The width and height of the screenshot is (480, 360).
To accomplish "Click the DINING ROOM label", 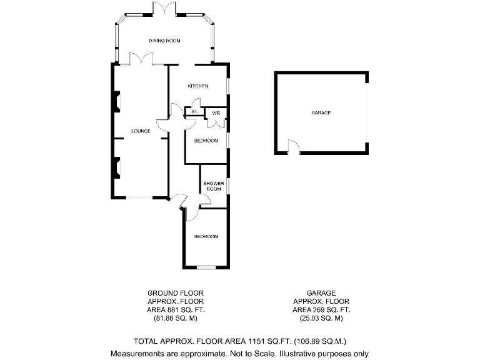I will click(x=164, y=41).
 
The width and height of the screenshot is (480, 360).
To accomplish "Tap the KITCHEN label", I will click(x=197, y=86).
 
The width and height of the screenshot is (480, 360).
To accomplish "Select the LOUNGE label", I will click(x=140, y=131).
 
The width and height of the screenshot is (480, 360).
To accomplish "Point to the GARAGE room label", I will click(x=321, y=113).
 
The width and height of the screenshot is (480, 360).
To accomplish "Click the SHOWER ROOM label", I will click(x=213, y=186).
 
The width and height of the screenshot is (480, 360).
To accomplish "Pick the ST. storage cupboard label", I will click(x=194, y=111).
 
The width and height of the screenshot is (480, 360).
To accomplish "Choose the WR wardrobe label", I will click(x=216, y=112).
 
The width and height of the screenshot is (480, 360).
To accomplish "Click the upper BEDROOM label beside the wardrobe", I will click(x=206, y=141).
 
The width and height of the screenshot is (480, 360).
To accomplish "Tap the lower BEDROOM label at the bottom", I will click(x=206, y=236).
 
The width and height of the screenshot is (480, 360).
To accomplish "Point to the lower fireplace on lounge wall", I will click(x=116, y=167).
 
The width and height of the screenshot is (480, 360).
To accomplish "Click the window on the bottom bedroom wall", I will click(x=206, y=267).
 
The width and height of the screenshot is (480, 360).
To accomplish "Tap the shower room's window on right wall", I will click(x=228, y=186).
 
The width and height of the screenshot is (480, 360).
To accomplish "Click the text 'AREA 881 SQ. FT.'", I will click(x=175, y=309).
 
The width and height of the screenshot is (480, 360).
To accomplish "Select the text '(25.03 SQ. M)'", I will click(x=321, y=318).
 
